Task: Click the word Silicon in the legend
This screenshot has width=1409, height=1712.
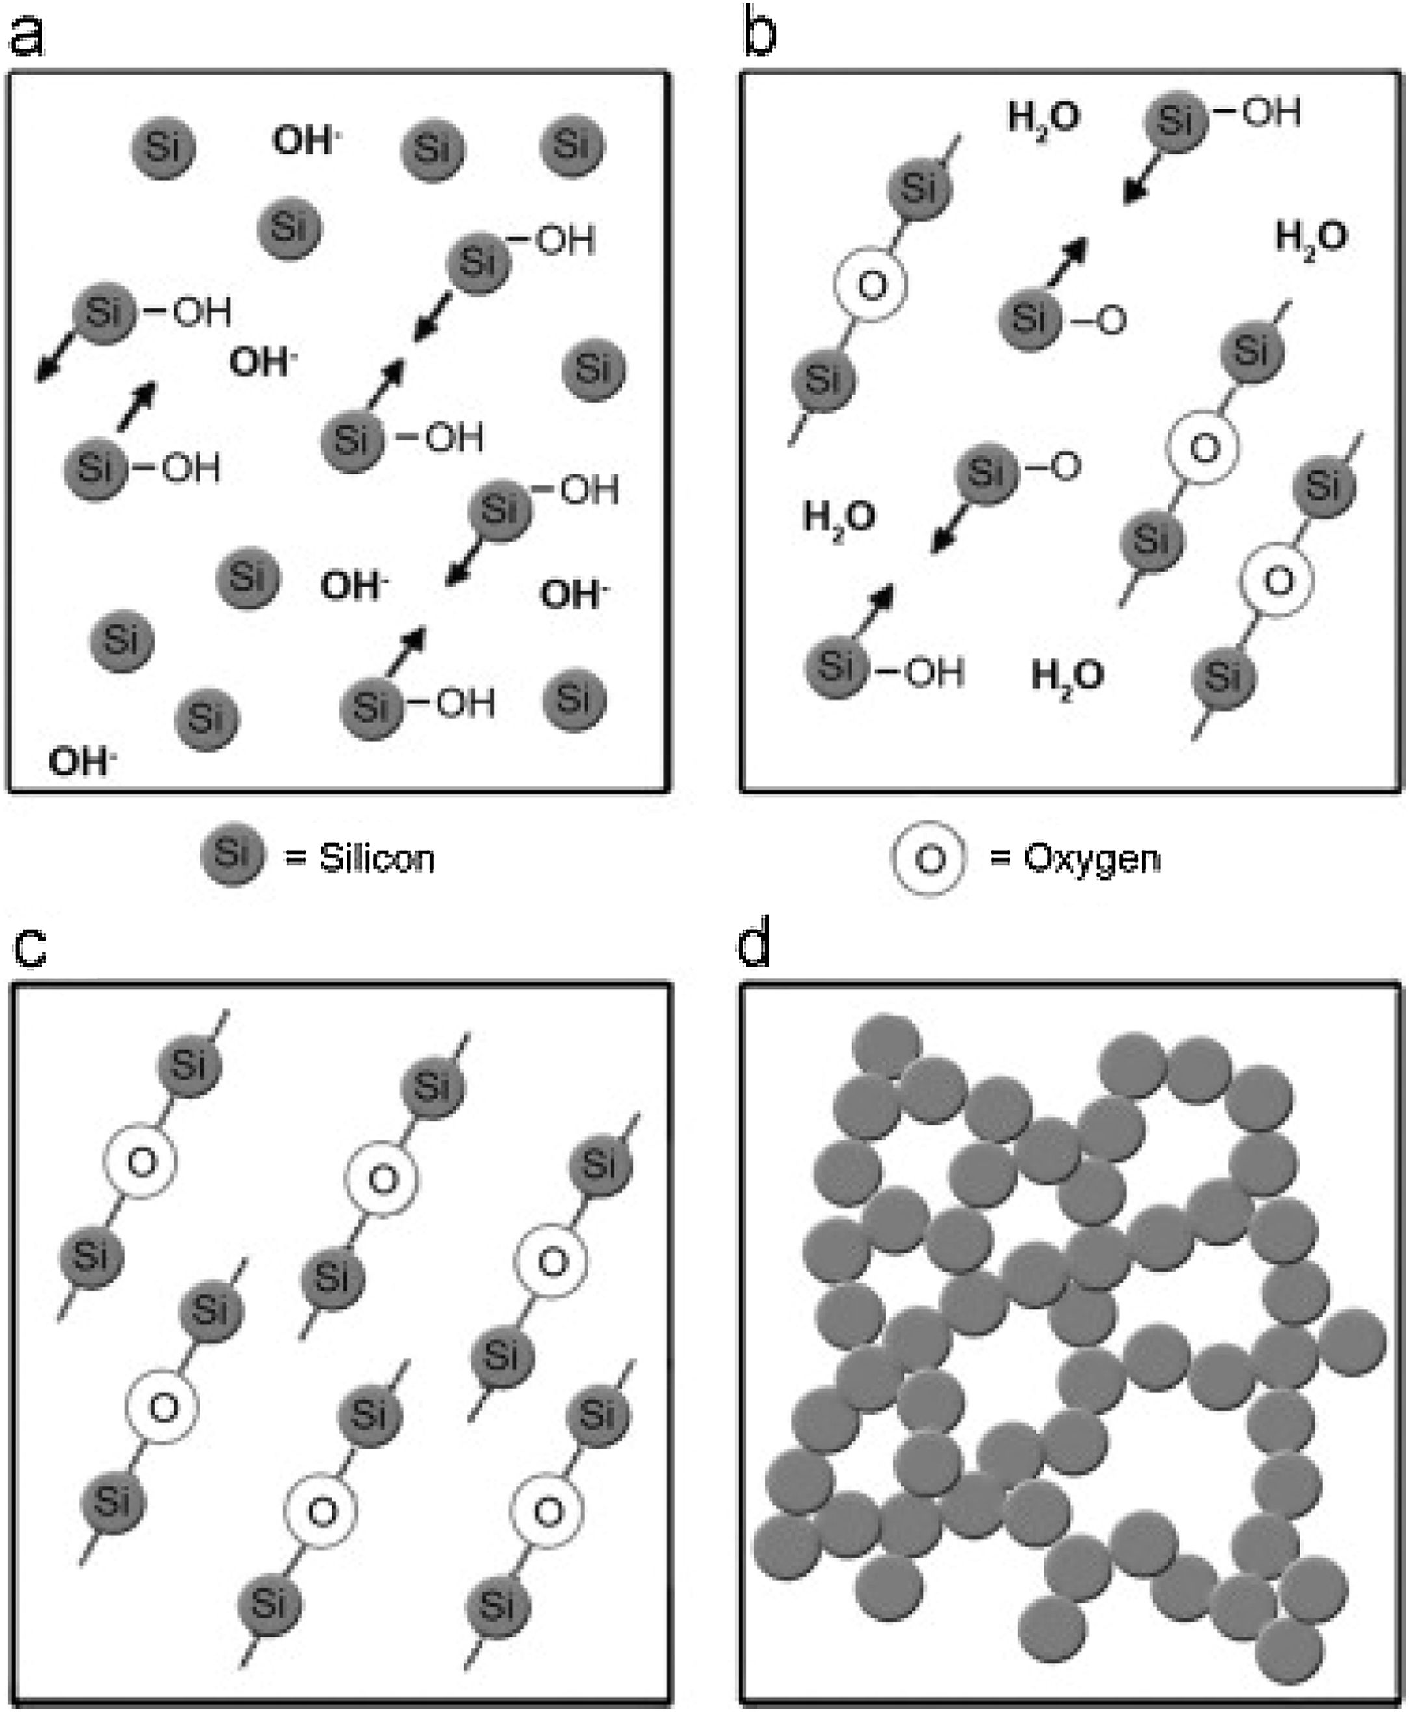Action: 376,858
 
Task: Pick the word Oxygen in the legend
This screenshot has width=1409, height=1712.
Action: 1092,858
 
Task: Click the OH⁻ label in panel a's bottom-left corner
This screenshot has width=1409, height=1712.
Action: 81,762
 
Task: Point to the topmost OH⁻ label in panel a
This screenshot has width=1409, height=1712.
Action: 305,140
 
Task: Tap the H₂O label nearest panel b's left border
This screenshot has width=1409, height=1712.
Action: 838,517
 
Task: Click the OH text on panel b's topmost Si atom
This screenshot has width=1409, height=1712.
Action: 1271,112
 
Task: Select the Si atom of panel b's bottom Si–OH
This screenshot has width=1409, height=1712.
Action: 836,667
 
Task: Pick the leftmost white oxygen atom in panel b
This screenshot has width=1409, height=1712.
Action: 871,285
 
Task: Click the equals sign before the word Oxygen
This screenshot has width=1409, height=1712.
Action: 1000,859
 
